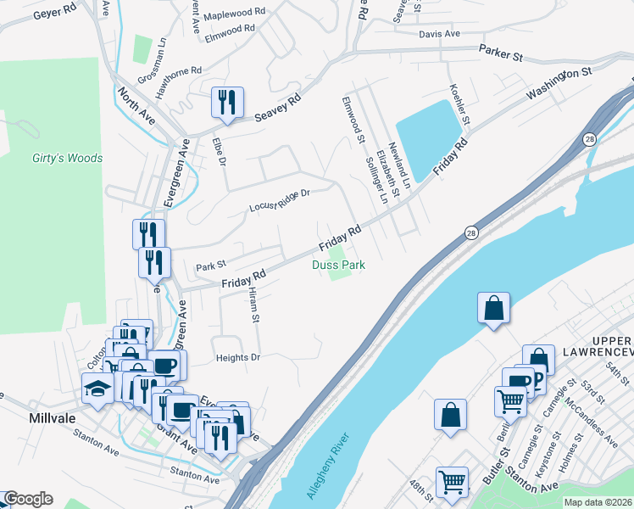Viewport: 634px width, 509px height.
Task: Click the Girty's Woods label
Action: point(67,158)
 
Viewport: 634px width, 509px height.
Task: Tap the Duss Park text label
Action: point(338,266)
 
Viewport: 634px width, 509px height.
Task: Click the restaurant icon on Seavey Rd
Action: point(228,103)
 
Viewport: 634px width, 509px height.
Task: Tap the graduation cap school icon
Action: point(97,389)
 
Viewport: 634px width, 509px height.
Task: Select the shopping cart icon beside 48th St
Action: point(452,482)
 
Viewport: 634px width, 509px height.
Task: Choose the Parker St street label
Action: point(501,53)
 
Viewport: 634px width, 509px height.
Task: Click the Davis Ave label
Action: point(439,34)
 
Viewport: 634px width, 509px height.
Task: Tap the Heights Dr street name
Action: point(237,358)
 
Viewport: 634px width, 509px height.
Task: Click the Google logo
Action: point(27,499)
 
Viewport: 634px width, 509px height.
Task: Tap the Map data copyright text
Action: point(598,502)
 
